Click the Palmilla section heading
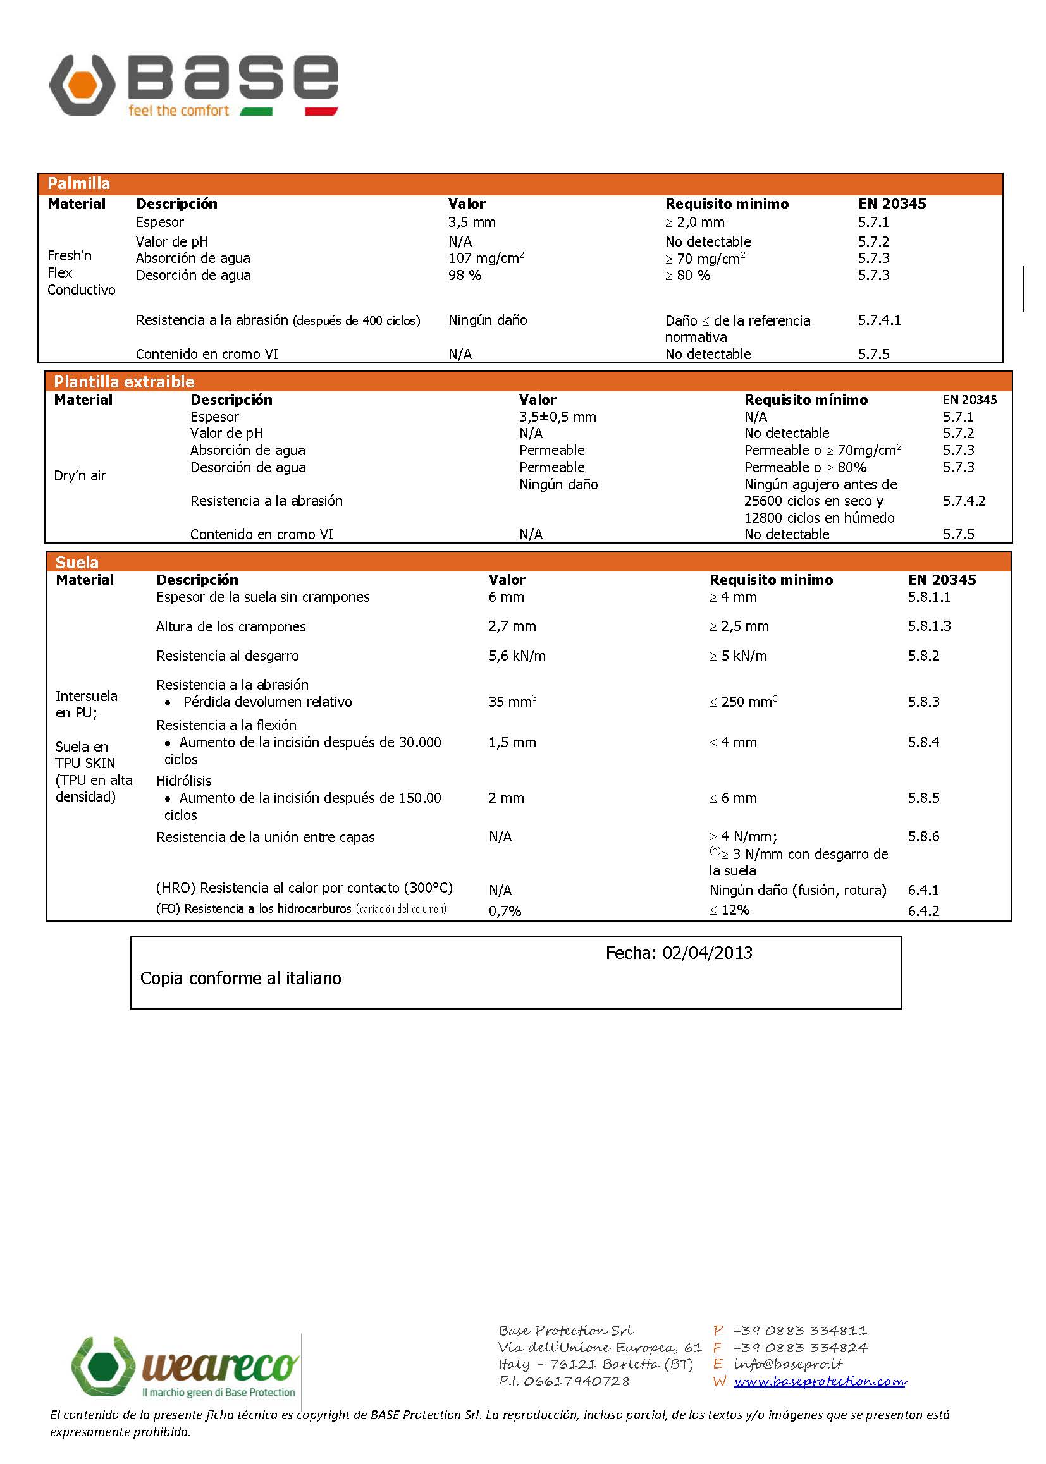pyautogui.click(x=78, y=183)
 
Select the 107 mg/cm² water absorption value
pyautogui.click(x=486, y=258)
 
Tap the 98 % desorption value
pyautogui.click(x=464, y=276)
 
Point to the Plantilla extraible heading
pyautogui.click(x=124, y=382)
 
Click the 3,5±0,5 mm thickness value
pyautogui.click(x=557, y=417)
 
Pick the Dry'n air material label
pyautogui.click(x=80, y=476)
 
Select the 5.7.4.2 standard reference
pyautogui.click(x=964, y=501)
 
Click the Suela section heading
pyautogui.click(x=77, y=562)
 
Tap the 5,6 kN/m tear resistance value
pyautogui.click(x=517, y=656)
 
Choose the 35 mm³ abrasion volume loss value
pyautogui.click(x=512, y=702)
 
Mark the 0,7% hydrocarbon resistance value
pyautogui.click(x=504, y=911)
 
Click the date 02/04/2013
pyautogui.click(x=707, y=953)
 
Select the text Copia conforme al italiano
pyautogui.click(x=240, y=979)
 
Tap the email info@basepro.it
pyautogui.click(x=788, y=1363)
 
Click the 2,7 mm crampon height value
pyautogui.click(x=512, y=626)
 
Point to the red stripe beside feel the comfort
pyautogui.click(x=321, y=111)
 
